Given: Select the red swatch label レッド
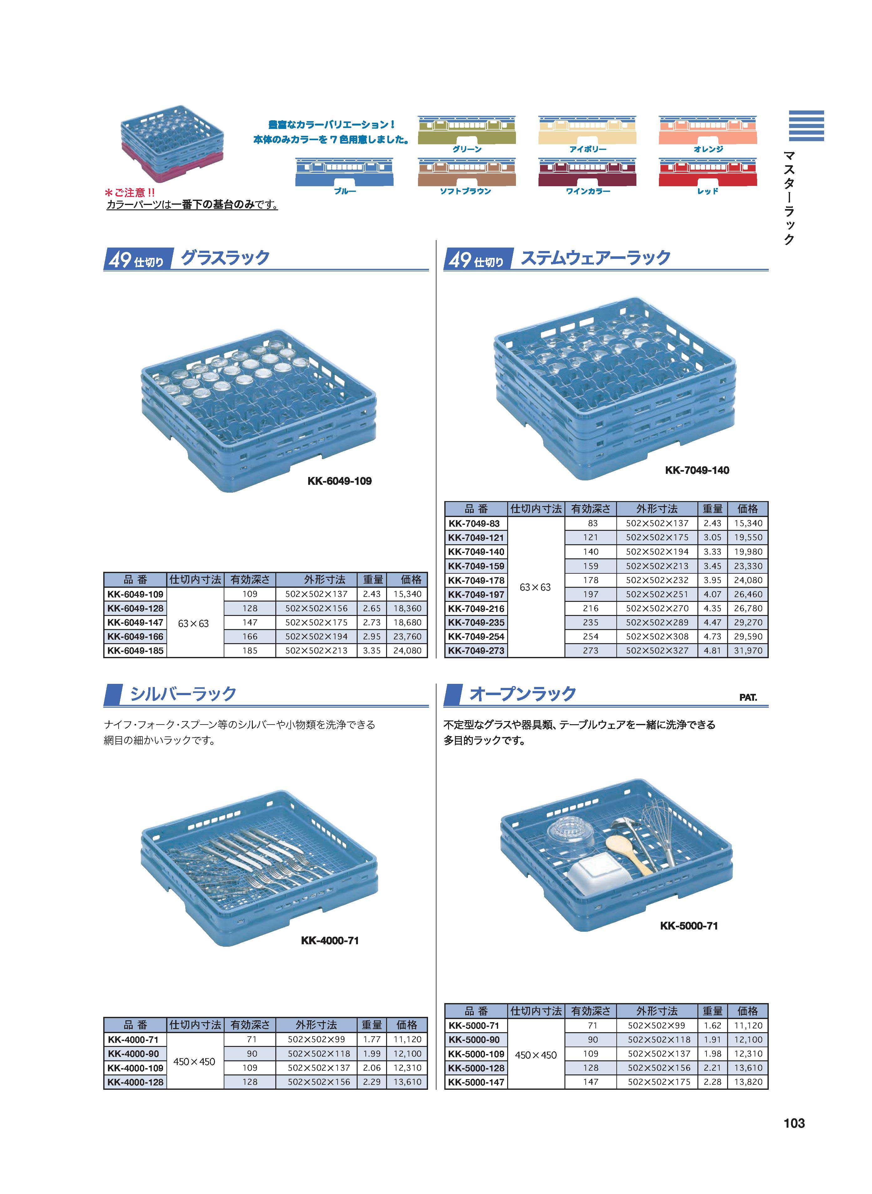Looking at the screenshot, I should [707, 191].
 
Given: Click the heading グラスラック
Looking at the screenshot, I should [225, 258].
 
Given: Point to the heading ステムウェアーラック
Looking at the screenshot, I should [595, 258].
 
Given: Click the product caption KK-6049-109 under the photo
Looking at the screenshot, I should [339, 481].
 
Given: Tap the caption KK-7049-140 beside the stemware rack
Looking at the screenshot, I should [697, 470].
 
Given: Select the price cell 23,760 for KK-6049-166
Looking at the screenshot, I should [407, 637].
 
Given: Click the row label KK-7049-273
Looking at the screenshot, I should [476, 651].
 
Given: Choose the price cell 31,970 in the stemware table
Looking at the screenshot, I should [748, 651].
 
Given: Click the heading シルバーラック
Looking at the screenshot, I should [183, 694].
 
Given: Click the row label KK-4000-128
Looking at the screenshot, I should [136, 1082].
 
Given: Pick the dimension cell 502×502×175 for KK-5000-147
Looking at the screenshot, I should [659, 1082].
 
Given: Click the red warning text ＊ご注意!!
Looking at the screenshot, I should [130, 193].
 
